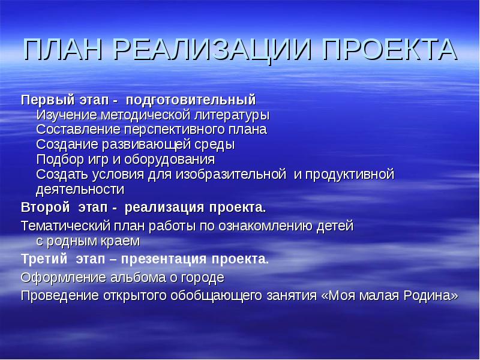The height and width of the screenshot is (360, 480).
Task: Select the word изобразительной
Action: coord(230,175)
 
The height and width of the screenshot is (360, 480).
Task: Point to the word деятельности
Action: coord(80,190)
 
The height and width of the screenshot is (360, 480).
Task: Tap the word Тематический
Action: coord(62,226)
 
